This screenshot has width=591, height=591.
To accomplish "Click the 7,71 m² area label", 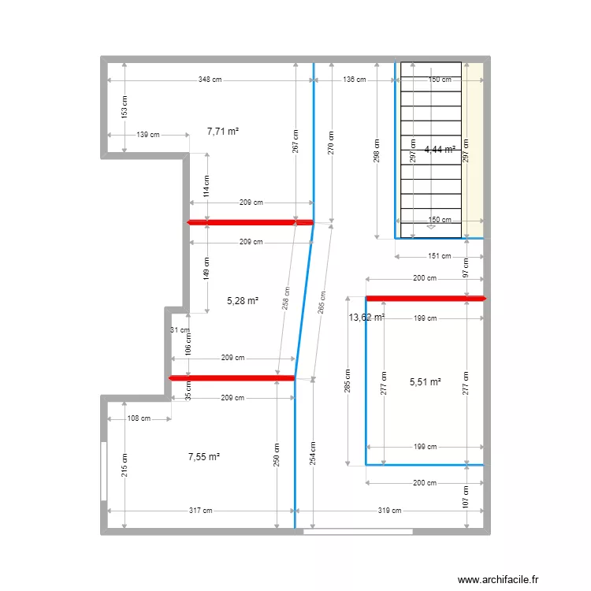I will (x=223, y=132).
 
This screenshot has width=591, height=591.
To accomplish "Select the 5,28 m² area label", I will (x=243, y=300).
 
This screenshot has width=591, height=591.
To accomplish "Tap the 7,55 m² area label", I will (x=203, y=456).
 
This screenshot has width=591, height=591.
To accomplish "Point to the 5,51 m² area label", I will (x=425, y=382).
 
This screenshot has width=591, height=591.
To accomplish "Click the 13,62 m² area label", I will (x=366, y=318).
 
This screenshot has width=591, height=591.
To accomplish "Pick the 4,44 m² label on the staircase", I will (x=440, y=149).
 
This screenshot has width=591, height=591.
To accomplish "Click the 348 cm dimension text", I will (x=210, y=80).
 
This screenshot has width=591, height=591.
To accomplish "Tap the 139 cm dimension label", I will (x=148, y=135).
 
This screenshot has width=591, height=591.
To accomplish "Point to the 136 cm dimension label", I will (x=355, y=80).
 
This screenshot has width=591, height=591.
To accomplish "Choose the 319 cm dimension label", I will (x=388, y=511).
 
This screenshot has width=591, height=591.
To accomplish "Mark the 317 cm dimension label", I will (x=200, y=511).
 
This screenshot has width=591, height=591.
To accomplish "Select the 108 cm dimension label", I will (x=139, y=418).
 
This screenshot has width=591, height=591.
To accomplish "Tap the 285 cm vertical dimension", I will (x=348, y=381).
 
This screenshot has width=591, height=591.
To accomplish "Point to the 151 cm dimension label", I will (x=440, y=256).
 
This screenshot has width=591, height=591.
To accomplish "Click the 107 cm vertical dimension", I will (x=466, y=496).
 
